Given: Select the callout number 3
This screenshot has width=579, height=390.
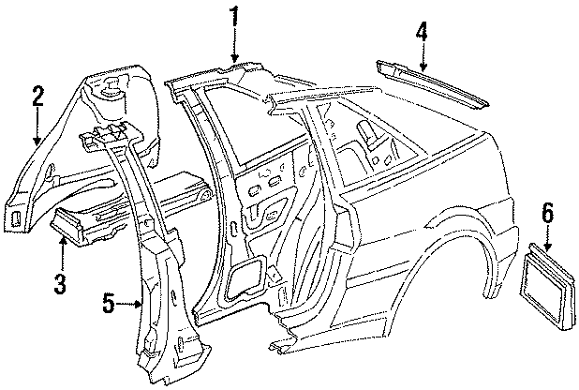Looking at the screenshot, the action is [60, 282].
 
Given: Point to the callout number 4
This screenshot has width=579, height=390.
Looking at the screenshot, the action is [422, 30].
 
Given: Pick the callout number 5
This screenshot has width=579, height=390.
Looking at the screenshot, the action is [109, 303].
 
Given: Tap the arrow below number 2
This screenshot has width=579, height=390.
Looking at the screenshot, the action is [37, 126].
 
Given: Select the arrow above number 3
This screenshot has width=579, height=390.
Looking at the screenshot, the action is [63, 253].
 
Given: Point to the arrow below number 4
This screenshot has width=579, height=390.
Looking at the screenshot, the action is [423, 56].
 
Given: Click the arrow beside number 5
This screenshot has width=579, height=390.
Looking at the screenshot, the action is [129, 304].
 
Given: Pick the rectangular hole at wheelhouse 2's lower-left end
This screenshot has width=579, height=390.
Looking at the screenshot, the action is [16, 217].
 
